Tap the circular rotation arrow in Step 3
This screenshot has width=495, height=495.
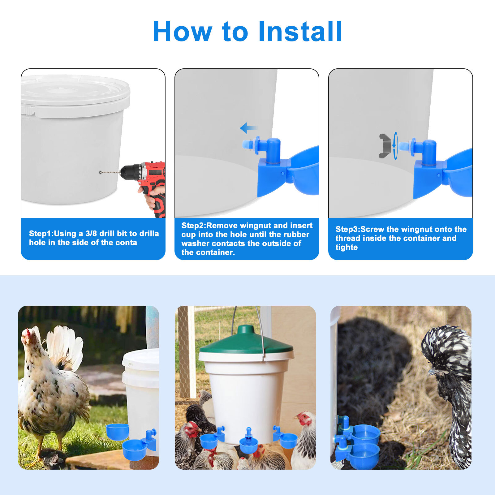(395, 146)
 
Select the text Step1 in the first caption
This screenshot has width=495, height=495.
(40, 234)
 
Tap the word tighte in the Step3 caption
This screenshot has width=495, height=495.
(346, 247)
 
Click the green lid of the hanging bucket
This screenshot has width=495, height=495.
(246, 342)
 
